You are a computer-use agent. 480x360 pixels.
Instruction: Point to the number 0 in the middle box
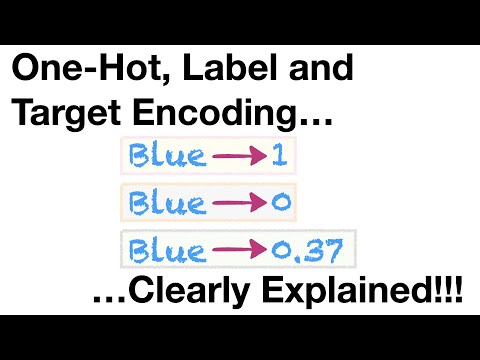(x=279, y=203)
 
